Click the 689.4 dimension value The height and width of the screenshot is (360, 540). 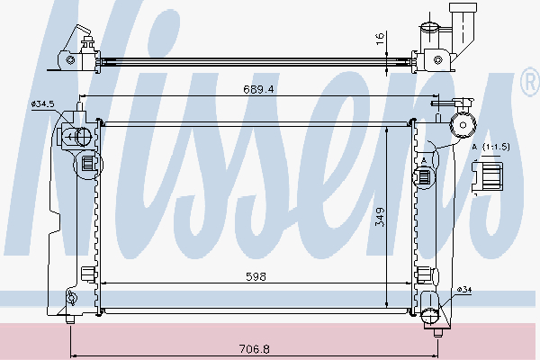pos(258,89)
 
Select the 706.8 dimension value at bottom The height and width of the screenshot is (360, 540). pos(255,349)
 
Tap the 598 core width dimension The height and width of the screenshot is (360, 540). pos(256,276)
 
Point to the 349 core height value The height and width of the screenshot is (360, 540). pos(380,217)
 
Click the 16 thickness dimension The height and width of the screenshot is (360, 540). pos(380,39)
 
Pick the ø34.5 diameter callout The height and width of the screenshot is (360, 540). pos(42,103)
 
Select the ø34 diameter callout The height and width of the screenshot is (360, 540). pos(464,290)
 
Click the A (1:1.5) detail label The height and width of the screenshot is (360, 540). pos(490,147)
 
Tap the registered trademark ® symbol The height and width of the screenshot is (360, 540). pos(530,82)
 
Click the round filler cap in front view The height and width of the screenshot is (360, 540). pos(463,125)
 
